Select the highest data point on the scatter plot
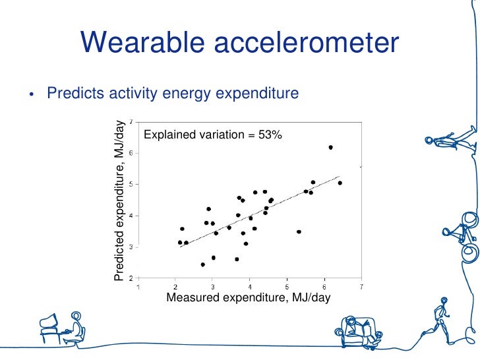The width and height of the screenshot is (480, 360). (330, 147)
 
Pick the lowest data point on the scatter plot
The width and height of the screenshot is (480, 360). (202, 264)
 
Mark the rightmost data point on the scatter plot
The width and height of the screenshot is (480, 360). (340, 183)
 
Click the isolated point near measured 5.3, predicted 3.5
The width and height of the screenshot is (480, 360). (299, 231)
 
